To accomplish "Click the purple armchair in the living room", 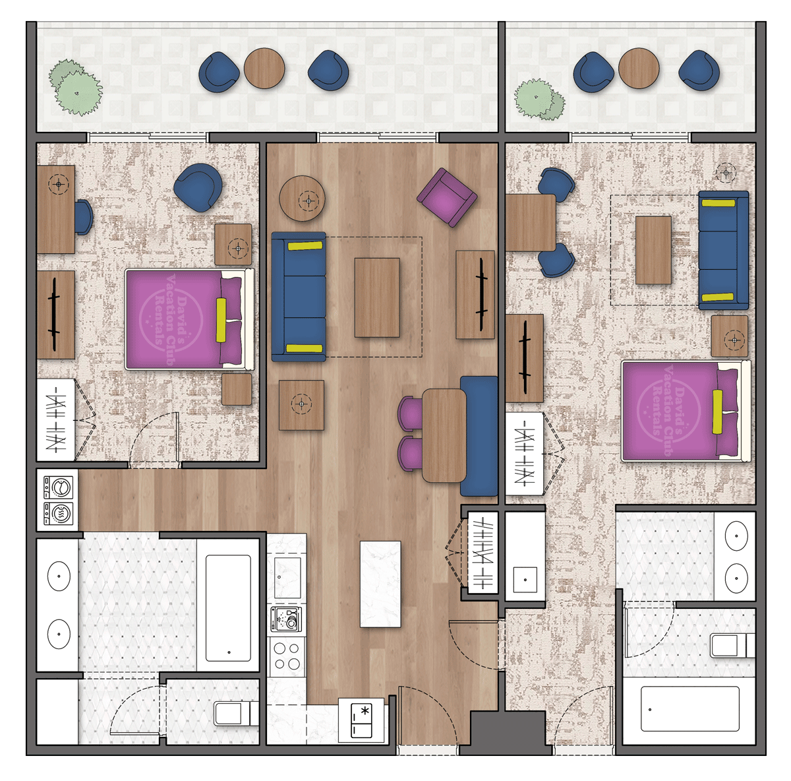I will click(x=446, y=197).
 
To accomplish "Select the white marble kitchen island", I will click(x=380, y=584).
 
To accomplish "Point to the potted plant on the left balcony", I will click(x=76, y=87).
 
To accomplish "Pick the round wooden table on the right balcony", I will click(x=639, y=69).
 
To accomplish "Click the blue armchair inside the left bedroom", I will click(x=198, y=187).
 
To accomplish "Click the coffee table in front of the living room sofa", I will click(x=377, y=297).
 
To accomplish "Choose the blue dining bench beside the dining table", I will click(x=479, y=435).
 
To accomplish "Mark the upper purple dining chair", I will click(x=411, y=412).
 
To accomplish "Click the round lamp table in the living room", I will click(x=303, y=198).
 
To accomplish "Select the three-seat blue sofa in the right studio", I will click(x=723, y=250).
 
